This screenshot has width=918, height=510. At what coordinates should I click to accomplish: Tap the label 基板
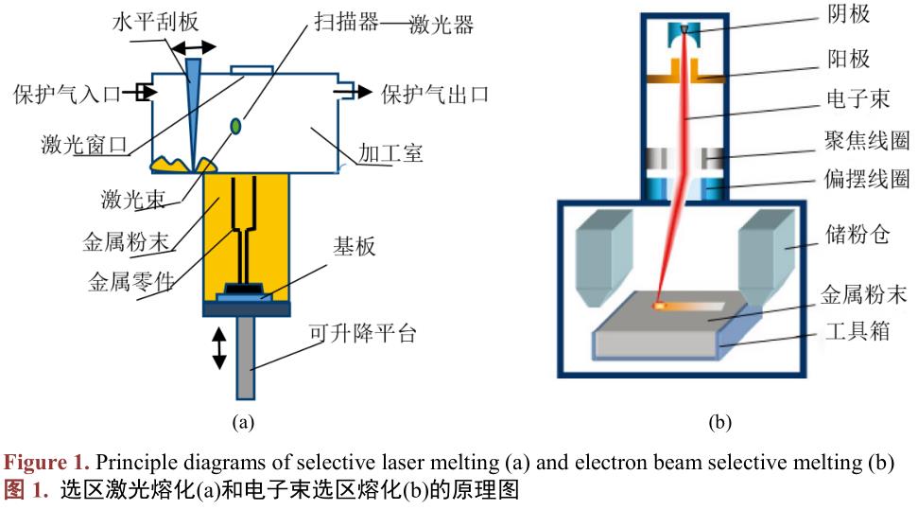[x=354, y=247]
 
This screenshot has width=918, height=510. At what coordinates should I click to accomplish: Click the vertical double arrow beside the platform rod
[x=219, y=347]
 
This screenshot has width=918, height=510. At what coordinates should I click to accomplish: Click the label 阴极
[x=847, y=13]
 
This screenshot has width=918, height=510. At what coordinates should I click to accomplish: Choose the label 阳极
[x=847, y=60]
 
